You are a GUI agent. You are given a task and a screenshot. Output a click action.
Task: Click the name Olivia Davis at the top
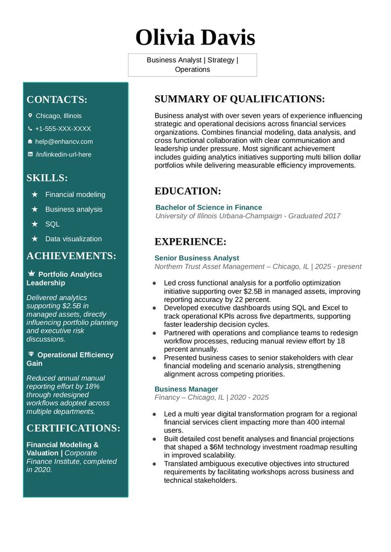[x=195, y=37]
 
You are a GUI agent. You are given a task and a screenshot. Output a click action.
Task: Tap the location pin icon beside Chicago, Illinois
[x=30, y=115]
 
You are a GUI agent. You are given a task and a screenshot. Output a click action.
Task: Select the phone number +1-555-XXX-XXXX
[x=63, y=128]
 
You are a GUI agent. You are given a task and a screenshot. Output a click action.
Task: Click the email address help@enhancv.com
[x=64, y=142]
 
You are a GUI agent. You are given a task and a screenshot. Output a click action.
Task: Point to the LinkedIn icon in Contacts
[x=30, y=154]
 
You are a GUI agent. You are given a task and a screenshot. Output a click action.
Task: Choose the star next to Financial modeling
[x=35, y=195]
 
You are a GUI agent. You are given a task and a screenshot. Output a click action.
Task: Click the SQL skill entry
[x=52, y=224]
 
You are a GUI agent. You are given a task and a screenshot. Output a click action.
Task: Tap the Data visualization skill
[x=73, y=239]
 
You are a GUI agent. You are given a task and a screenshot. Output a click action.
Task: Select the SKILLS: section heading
[x=47, y=178]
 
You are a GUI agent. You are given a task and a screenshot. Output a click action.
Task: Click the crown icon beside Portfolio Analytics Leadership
[x=31, y=274]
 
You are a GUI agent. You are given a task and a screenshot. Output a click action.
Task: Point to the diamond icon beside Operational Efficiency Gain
[x=31, y=354]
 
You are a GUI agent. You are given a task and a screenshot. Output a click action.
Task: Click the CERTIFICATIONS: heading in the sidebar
[x=73, y=428]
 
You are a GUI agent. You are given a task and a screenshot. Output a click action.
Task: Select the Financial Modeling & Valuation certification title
[x=62, y=445]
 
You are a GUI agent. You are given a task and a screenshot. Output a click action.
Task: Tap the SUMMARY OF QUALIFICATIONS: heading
[x=240, y=99]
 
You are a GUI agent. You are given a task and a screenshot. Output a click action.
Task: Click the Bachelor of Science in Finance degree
[x=209, y=207]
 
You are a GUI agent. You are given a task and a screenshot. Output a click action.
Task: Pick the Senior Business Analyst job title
[x=197, y=258]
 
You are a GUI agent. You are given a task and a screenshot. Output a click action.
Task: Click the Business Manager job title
[x=186, y=389]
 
